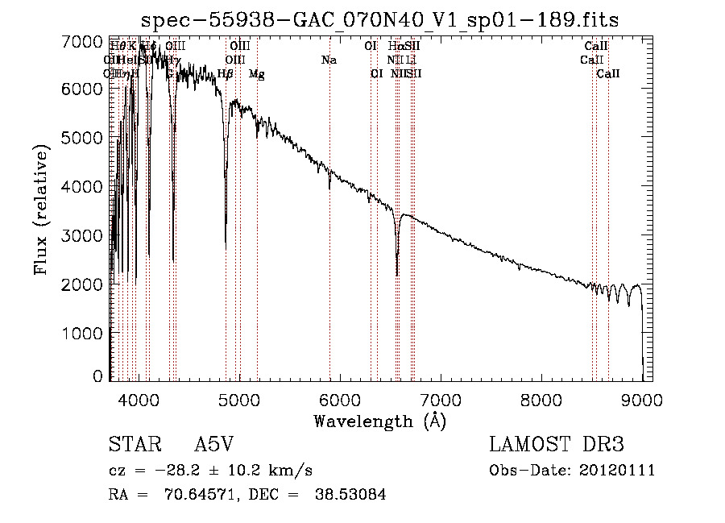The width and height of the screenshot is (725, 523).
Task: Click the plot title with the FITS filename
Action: (x=380, y=20)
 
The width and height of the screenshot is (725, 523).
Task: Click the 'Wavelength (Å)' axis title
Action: (x=379, y=421)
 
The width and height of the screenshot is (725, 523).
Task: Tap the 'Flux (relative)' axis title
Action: (x=43, y=210)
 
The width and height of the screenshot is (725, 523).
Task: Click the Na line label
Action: (x=329, y=60)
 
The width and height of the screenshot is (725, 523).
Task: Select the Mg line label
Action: (x=257, y=74)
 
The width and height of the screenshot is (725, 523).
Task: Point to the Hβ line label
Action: (x=226, y=74)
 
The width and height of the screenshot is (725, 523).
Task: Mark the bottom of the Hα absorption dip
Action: (x=397, y=274)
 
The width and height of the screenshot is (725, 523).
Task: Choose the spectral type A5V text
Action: (x=215, y=446)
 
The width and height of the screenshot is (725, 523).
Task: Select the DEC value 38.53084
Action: (x=351, y=495)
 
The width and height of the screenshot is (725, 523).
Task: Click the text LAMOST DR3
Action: (x=557, y=446)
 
